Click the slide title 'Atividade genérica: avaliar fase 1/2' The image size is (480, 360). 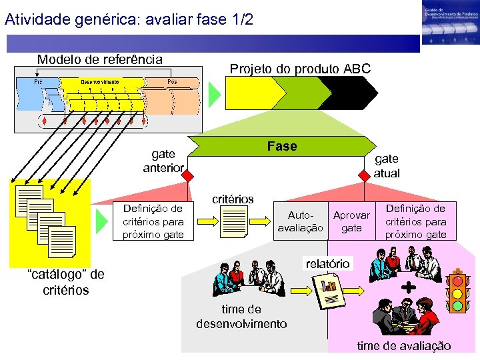click(129, 19)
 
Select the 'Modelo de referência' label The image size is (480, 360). click(99, 59)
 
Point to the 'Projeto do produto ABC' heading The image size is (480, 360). click(300, 69)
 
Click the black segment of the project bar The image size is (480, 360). click(347, 93)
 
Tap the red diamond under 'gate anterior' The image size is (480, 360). click(189, 176)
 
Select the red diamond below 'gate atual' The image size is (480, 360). click(364, 176)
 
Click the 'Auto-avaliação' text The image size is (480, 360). click(300, 221)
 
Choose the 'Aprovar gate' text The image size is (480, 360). click(351, 221)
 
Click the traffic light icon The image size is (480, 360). click(457, 291)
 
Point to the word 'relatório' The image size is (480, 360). click(327, 263)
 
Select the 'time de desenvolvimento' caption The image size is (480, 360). click(241, 316)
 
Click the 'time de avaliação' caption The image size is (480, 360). click(404, 345)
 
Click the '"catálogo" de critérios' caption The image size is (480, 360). click(65, 281)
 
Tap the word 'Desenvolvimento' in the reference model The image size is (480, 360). click(100, 82)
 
